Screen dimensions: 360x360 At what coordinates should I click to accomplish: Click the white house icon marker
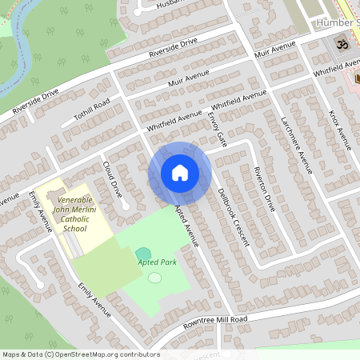pyautogui.click(x=179, y=172)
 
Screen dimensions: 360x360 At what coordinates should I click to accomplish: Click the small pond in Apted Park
pyautogui.click(x=142, y=254)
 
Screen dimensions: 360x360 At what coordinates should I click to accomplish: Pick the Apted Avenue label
pyautogui.click(x=186, y=224)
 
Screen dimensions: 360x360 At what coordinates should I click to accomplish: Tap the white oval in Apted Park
pyautogui.click(x=154, y=278)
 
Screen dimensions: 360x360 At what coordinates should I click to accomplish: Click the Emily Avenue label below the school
pyautogui.click(x=94, y=298)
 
